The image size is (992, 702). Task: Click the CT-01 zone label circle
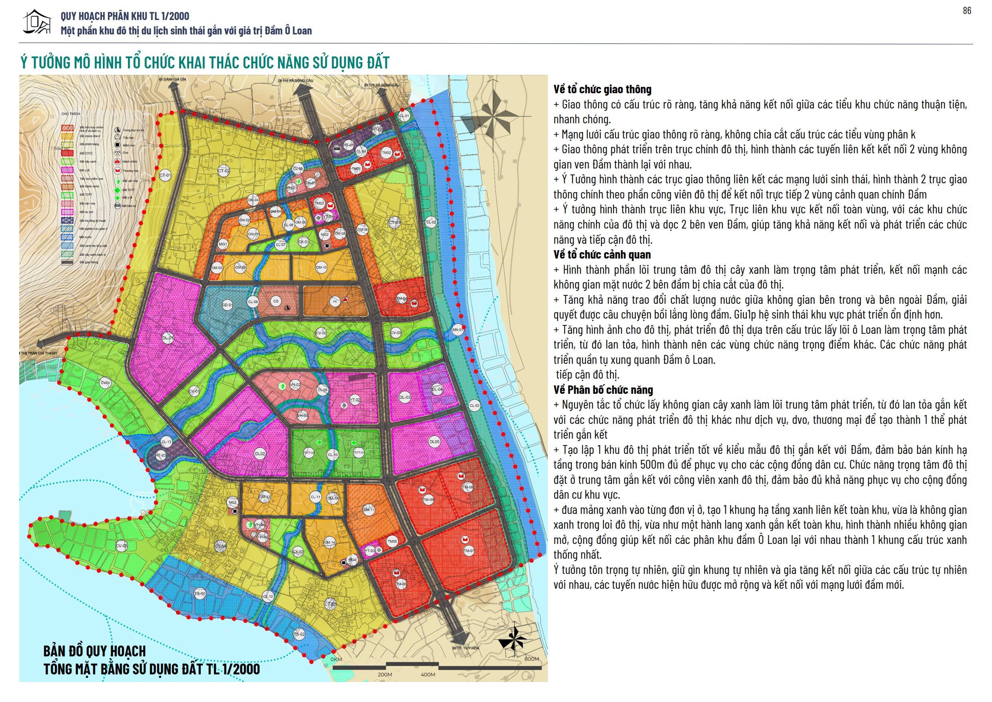tap(165, 175)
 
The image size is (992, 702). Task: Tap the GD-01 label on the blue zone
tap(227, 305)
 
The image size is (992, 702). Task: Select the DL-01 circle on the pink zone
tap(168, 338)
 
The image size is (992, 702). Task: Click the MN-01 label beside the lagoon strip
tap(457, 330)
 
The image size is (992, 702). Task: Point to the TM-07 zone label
tap(469, 551)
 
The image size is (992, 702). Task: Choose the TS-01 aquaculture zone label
tap(200, 594)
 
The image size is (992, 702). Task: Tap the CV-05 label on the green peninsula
tap(122, 546)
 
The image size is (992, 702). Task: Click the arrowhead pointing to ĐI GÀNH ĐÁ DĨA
tap(175, 86)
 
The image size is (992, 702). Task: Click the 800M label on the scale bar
tap(531, 659)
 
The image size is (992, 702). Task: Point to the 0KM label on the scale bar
tap(336, 659)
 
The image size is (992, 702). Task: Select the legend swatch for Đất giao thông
tap(68, 262)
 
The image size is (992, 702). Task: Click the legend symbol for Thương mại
tap(117, 170)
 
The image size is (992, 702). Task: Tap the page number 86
tap(967, 11)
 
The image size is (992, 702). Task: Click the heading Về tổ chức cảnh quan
tap(602, 255)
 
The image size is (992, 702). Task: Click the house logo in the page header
tap(37, 22)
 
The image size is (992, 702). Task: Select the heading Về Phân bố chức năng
tap(603, 390)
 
